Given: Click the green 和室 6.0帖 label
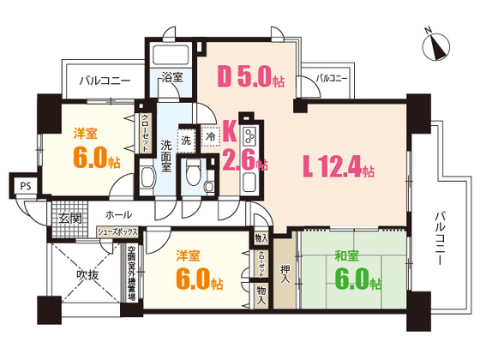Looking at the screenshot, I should click(352, 269).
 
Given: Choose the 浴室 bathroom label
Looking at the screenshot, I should click(171, 77).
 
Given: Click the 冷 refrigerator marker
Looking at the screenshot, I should click(211, 136).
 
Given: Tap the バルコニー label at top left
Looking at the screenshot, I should click(105, 82).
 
